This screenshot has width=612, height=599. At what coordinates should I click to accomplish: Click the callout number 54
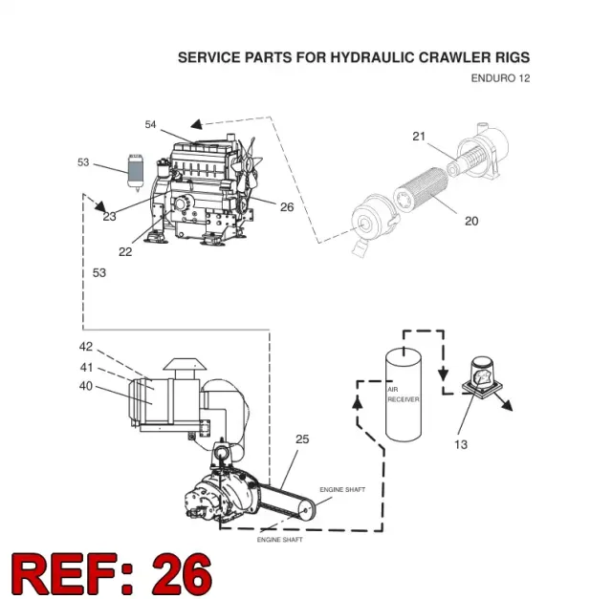pos(150,124)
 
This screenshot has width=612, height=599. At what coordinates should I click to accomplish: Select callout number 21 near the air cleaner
pos(419,136)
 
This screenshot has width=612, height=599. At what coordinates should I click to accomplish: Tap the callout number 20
pos(471,221)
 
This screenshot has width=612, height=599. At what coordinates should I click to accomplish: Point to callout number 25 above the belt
pos(302,439)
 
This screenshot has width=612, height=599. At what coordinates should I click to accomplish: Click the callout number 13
pos(461,444)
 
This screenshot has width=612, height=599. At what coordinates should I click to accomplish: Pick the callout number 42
pos(86,346)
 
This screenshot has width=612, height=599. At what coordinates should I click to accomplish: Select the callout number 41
pos(86,368)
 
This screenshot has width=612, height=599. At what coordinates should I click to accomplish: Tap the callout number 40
pos(86,386)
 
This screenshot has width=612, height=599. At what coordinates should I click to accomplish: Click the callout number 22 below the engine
pos(125,252)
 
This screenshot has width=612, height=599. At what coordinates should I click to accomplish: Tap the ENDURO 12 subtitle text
pos(500,78)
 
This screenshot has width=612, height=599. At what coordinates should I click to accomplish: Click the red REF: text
pos(72,574)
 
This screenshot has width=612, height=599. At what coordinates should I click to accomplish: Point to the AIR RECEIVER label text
pos(404,395)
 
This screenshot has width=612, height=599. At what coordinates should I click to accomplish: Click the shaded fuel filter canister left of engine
pos(136,173)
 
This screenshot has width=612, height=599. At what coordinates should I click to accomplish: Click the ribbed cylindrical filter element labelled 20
pos(422,190)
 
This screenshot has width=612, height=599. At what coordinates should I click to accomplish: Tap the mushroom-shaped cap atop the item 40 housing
pos(185,365)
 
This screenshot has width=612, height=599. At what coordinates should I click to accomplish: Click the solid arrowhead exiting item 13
pos(507,406)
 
